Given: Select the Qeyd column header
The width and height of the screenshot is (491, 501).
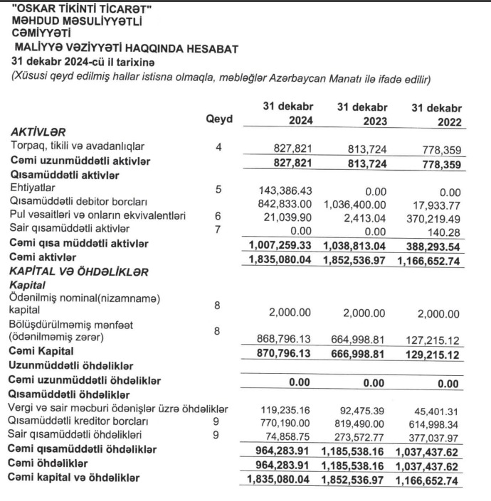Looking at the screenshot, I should coord(218,119).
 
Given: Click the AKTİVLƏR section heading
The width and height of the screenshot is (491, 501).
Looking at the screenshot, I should coord(38,133).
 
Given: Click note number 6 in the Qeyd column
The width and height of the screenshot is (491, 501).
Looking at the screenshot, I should coord(218,215).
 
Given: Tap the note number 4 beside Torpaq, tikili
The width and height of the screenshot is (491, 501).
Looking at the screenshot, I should coord(218,147).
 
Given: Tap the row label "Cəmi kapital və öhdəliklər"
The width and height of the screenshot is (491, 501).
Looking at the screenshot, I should coord(78,478).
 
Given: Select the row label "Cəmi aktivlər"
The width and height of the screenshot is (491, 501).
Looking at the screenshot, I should coord(44,256).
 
